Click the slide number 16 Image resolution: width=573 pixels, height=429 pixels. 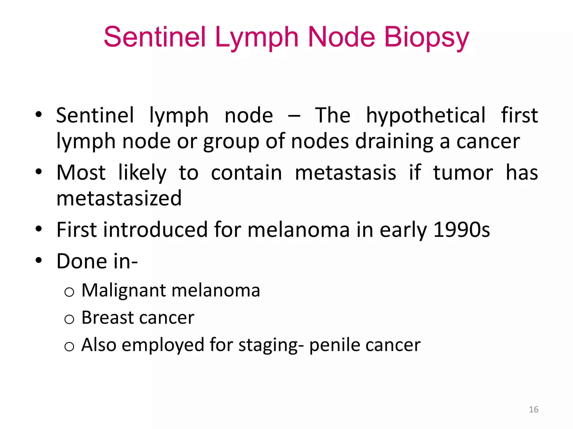click(x=534, y=409)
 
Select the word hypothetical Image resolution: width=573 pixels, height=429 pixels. click(x=426, y=115)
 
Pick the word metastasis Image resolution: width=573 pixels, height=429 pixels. click(x=346, y=173)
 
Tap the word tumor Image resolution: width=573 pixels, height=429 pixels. click(x=463, y=173)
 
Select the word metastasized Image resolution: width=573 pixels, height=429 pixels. click(x=119, y=198)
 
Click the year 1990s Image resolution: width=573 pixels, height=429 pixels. click(x=461, y=230)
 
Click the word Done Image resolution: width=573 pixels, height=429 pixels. click(x=82, y=261)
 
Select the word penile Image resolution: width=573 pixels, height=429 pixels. click(x=334, y=345)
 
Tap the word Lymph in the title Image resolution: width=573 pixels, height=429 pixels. click(x=257, y=38)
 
